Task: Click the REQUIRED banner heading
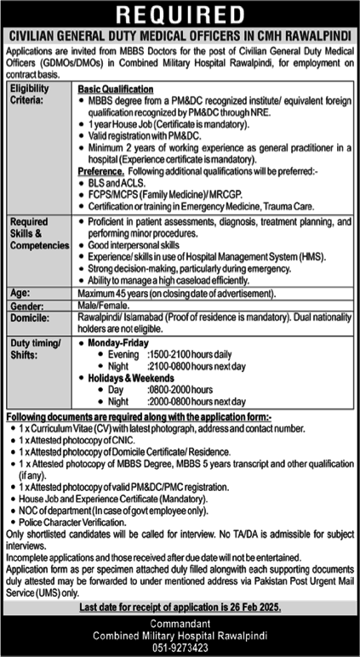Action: point(180,15)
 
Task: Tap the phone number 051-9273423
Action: point(180,648)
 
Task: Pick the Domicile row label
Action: point(29,317)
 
